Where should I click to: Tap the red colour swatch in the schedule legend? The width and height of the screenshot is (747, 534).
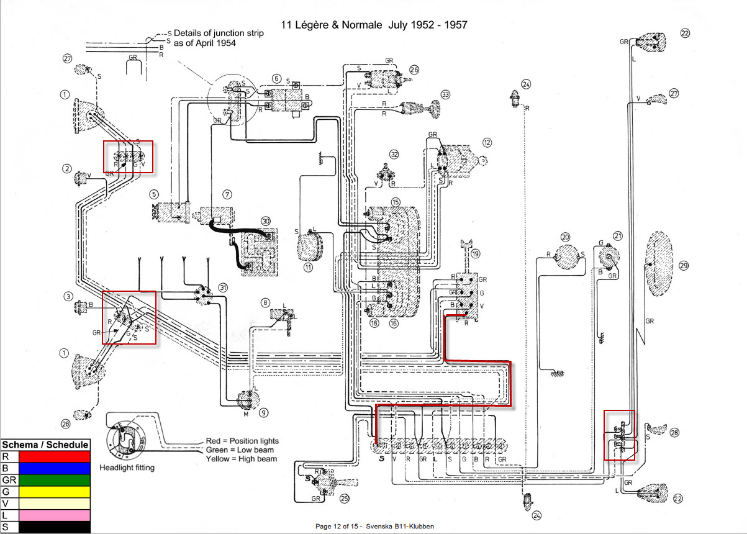54,456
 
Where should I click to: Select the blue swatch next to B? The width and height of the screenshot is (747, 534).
54,468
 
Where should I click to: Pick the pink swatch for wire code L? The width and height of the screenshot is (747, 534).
54,515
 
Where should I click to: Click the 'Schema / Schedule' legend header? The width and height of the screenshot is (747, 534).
45,445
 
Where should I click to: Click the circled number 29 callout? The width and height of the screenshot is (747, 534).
684,266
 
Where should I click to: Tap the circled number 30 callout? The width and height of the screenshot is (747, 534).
266,221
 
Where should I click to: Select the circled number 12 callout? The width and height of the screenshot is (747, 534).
487,142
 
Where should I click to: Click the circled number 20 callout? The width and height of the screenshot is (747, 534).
565,237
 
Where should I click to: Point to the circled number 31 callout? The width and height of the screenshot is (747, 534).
223,287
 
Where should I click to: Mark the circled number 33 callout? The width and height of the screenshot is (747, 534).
445,94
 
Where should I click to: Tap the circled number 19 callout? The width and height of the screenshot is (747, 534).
476,254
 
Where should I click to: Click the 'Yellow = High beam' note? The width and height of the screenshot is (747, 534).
240,459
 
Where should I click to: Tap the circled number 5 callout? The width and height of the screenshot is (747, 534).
154,194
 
